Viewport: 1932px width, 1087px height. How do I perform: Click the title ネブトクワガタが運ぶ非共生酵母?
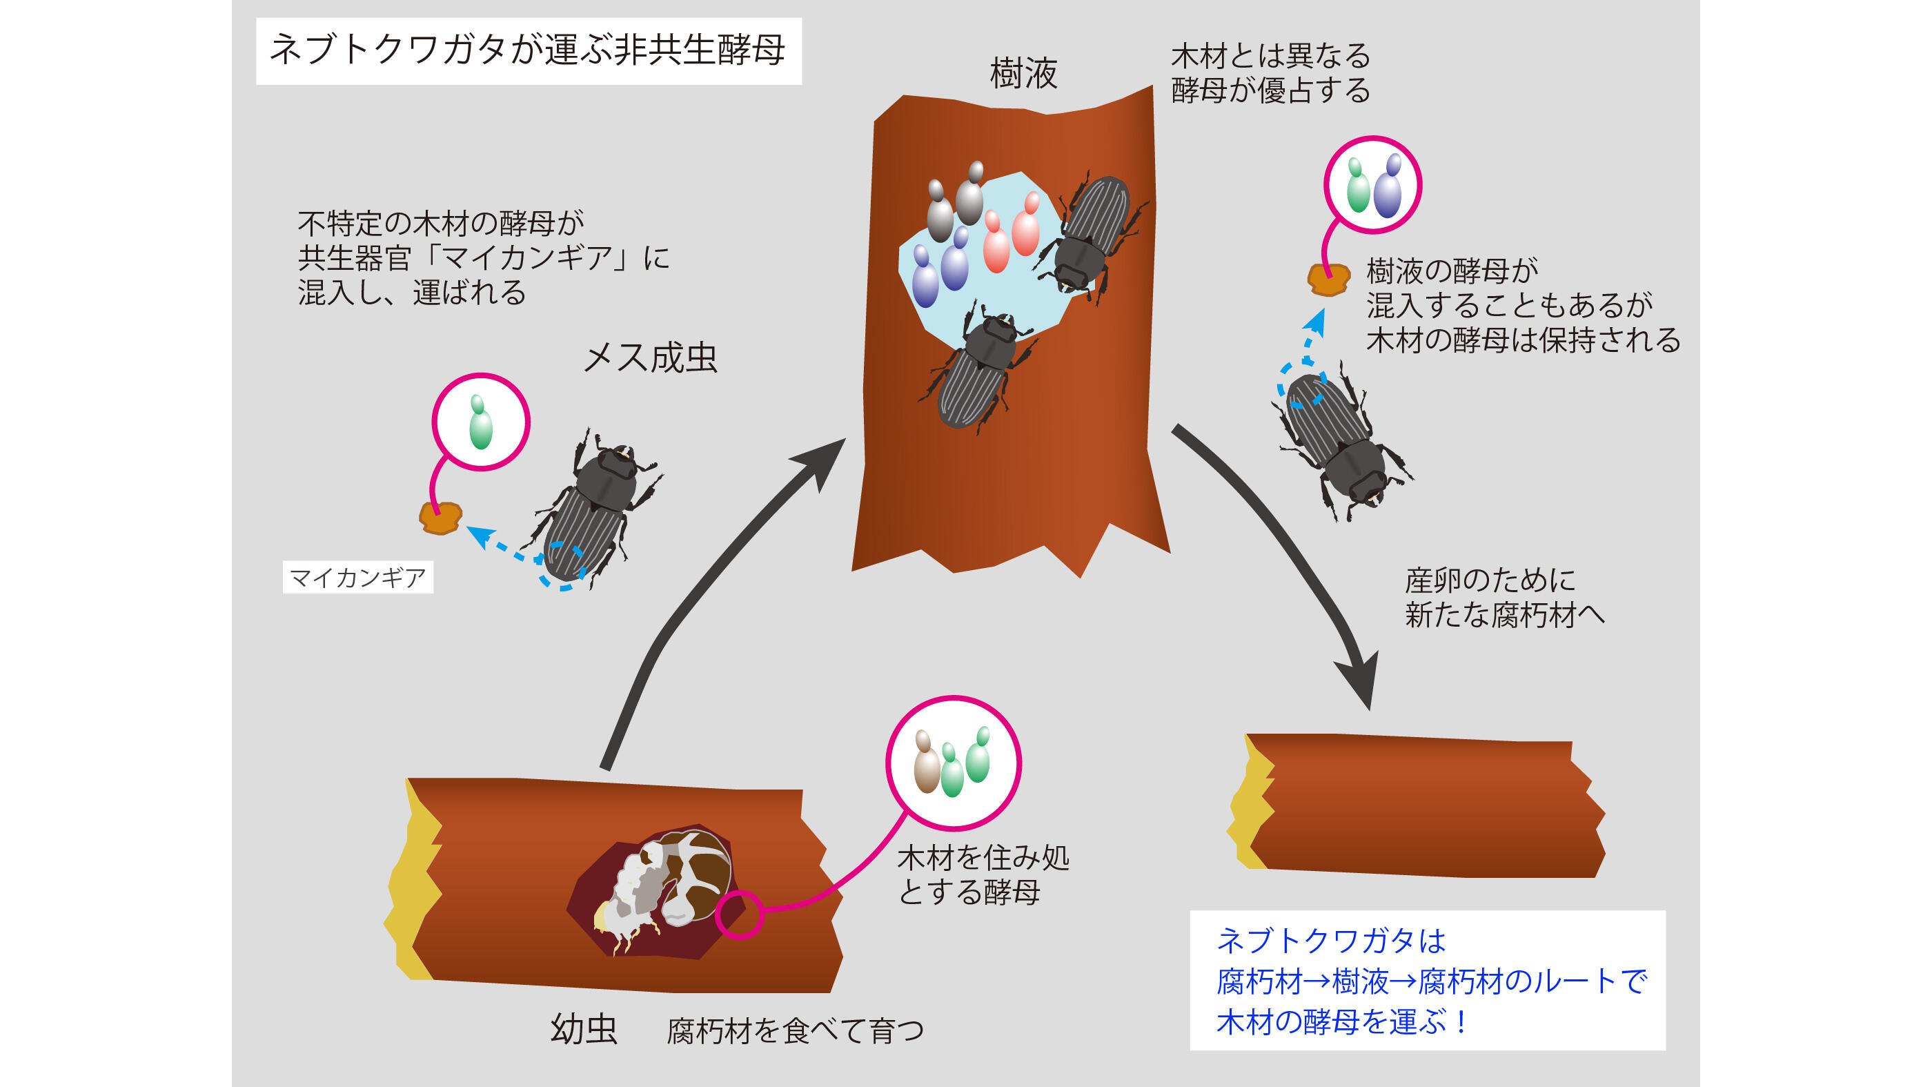coord(528,51)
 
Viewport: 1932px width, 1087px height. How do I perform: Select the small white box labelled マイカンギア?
coord(357,578)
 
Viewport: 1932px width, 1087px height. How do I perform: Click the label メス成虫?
coord(650,358)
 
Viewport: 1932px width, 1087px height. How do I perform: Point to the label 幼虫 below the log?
coord(584,1029)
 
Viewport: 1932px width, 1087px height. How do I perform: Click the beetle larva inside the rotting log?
coord(664,881)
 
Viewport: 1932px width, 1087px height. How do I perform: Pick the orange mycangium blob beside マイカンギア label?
coord(440,518)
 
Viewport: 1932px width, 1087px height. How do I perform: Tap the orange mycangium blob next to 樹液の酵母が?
coord(1328,279)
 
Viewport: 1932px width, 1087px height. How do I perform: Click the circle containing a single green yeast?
coord(481,422)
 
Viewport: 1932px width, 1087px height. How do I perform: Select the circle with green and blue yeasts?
coord(1372,184)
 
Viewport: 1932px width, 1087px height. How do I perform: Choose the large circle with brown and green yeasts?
coord(954,763)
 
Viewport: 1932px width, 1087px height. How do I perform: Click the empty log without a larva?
coord(1417,806)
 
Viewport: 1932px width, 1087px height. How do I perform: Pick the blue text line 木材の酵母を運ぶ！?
coord(1343,1021)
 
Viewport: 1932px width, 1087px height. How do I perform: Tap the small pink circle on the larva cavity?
coord(739,914)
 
